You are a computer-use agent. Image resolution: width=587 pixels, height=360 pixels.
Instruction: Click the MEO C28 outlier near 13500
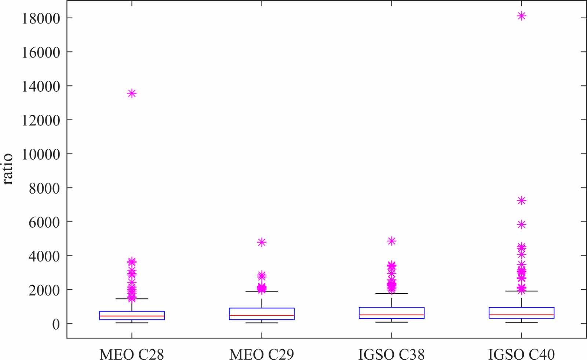[132, 93]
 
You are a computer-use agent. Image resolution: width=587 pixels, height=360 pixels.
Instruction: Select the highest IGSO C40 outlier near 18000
[521, 16]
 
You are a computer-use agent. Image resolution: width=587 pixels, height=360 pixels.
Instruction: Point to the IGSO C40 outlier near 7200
[521, 201]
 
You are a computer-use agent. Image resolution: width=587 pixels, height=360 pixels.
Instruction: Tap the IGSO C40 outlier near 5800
[521, 224]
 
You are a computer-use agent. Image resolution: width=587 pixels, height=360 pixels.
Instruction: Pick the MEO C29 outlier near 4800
[262, 242]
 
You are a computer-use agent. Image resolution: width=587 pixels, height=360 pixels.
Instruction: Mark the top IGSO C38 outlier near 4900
[391, 241]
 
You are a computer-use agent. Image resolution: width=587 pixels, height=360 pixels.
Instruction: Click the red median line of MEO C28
[132, 316]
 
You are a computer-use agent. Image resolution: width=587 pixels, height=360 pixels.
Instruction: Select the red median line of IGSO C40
[521, 315]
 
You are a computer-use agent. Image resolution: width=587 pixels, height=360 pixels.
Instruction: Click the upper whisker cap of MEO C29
[262, 291]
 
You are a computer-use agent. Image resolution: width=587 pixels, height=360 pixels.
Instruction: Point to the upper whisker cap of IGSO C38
[391, 294]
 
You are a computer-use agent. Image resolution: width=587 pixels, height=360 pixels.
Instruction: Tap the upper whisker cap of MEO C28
[132, 299]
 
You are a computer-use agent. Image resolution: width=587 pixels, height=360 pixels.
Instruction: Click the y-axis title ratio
[8, 169]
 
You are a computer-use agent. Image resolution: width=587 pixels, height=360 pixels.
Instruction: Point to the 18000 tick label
[41, 18]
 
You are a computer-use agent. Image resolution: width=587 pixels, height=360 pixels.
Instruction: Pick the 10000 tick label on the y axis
[41, 154]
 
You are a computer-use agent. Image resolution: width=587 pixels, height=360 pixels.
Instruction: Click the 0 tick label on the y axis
[56, 324]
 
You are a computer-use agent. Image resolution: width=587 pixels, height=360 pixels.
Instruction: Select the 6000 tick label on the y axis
[44, 222]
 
